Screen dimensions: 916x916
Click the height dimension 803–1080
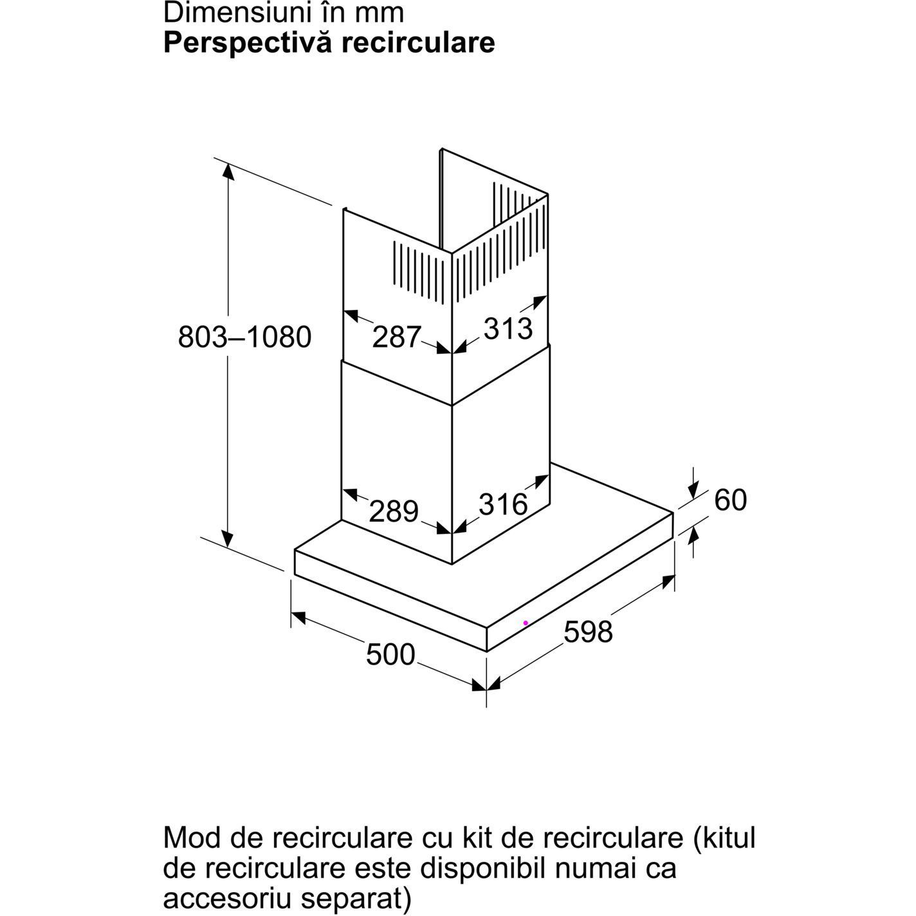click(x=244, y=337)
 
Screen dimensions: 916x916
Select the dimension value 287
click(x=396, y=337)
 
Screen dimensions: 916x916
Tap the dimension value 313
click(x=508, y=328)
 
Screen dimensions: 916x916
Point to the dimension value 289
click(x=394, y=511)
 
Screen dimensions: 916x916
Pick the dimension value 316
click(x=503, y=504)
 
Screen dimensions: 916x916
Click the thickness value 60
click(x=730, y=500)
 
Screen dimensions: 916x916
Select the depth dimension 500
click(x=390, y=655)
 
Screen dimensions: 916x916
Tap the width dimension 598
click(x=588, y=632)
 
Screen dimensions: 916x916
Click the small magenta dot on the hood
click(x=526, y=623)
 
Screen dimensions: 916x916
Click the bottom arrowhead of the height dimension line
click(x=227, y=540)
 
